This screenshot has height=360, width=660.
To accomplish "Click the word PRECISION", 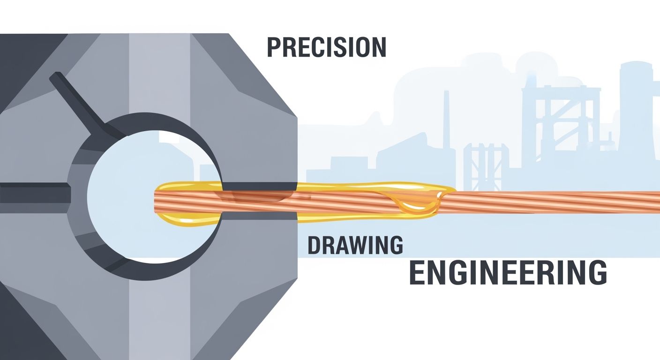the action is point(326,47).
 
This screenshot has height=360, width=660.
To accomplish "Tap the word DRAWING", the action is point(355,245).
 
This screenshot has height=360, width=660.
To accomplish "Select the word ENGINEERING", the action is point(508,272).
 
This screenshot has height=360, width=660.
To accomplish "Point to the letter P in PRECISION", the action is point(274,47).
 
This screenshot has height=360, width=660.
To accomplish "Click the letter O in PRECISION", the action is point(359,47).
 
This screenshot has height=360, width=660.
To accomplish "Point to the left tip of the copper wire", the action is point(155,201).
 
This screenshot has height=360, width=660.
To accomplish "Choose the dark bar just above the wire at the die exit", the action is point(259,186).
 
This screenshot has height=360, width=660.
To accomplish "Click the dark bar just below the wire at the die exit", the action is point(259,216).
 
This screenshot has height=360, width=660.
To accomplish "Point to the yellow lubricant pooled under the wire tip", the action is point(188,219).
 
